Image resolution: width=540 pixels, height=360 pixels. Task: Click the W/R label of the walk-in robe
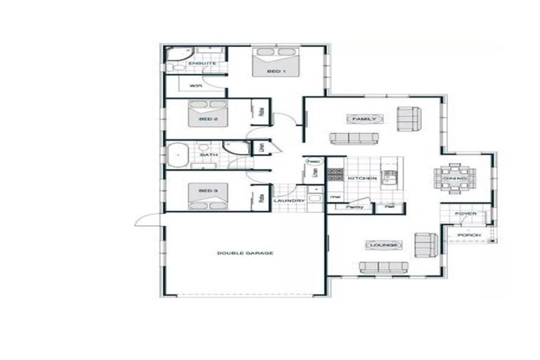click(x=195, y=85)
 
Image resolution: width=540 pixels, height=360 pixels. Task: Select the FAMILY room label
click(x=365, y=120)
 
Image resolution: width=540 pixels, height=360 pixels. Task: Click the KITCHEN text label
click(x=363, y=179)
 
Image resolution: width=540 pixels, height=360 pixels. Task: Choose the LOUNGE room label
click(x=383, y=245)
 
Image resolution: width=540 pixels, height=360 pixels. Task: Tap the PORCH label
click(x=468, y=235)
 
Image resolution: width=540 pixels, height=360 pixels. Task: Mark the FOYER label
click(x=465, y=214)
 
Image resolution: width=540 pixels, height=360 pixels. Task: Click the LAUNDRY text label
click(x=289, y=201)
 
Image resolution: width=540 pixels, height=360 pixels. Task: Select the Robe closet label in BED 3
click(x=261, y=199)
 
